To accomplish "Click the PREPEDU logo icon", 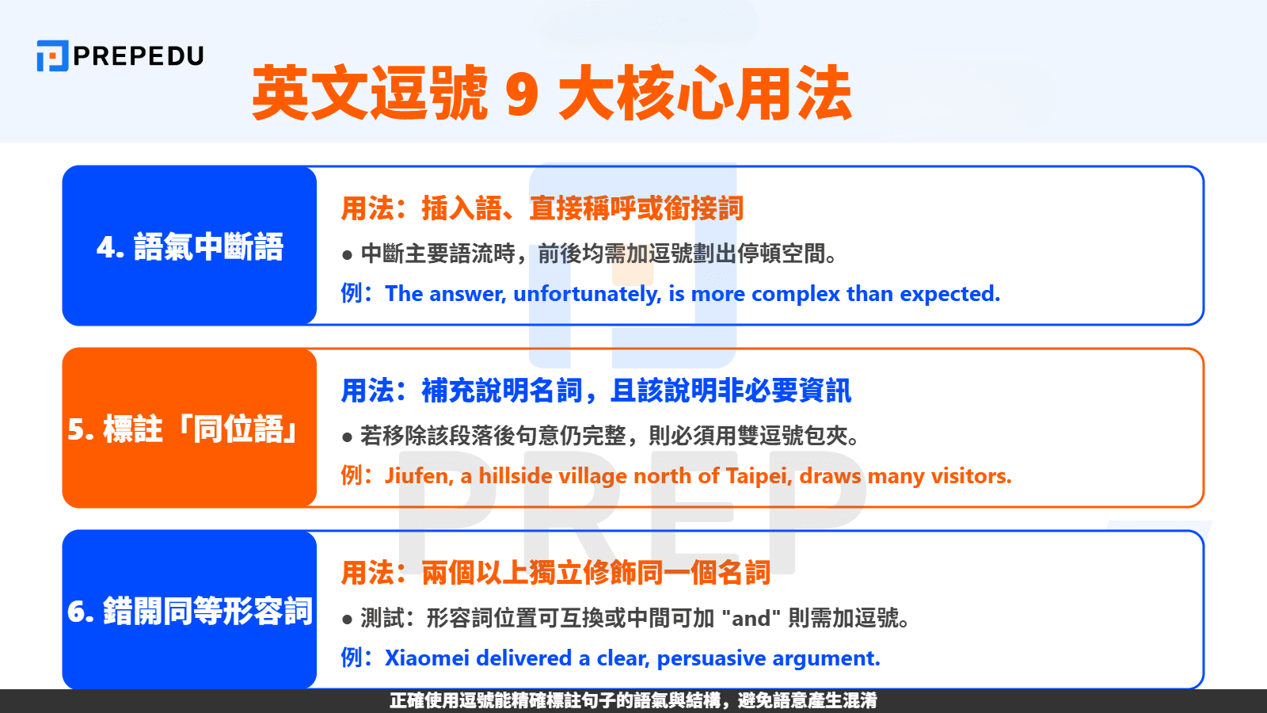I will click(52, 55).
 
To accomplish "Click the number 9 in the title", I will click(522, 94).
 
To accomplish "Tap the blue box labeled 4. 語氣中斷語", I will click(189, 246).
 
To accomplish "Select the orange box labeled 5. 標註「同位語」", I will click(189, 429).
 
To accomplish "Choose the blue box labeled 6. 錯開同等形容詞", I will click(189, 611).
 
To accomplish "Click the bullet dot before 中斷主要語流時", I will click(347, 255).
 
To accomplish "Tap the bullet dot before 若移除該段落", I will click(347, 437).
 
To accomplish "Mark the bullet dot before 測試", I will click(347, 620).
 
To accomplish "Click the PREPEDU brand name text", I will click(139, 56).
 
